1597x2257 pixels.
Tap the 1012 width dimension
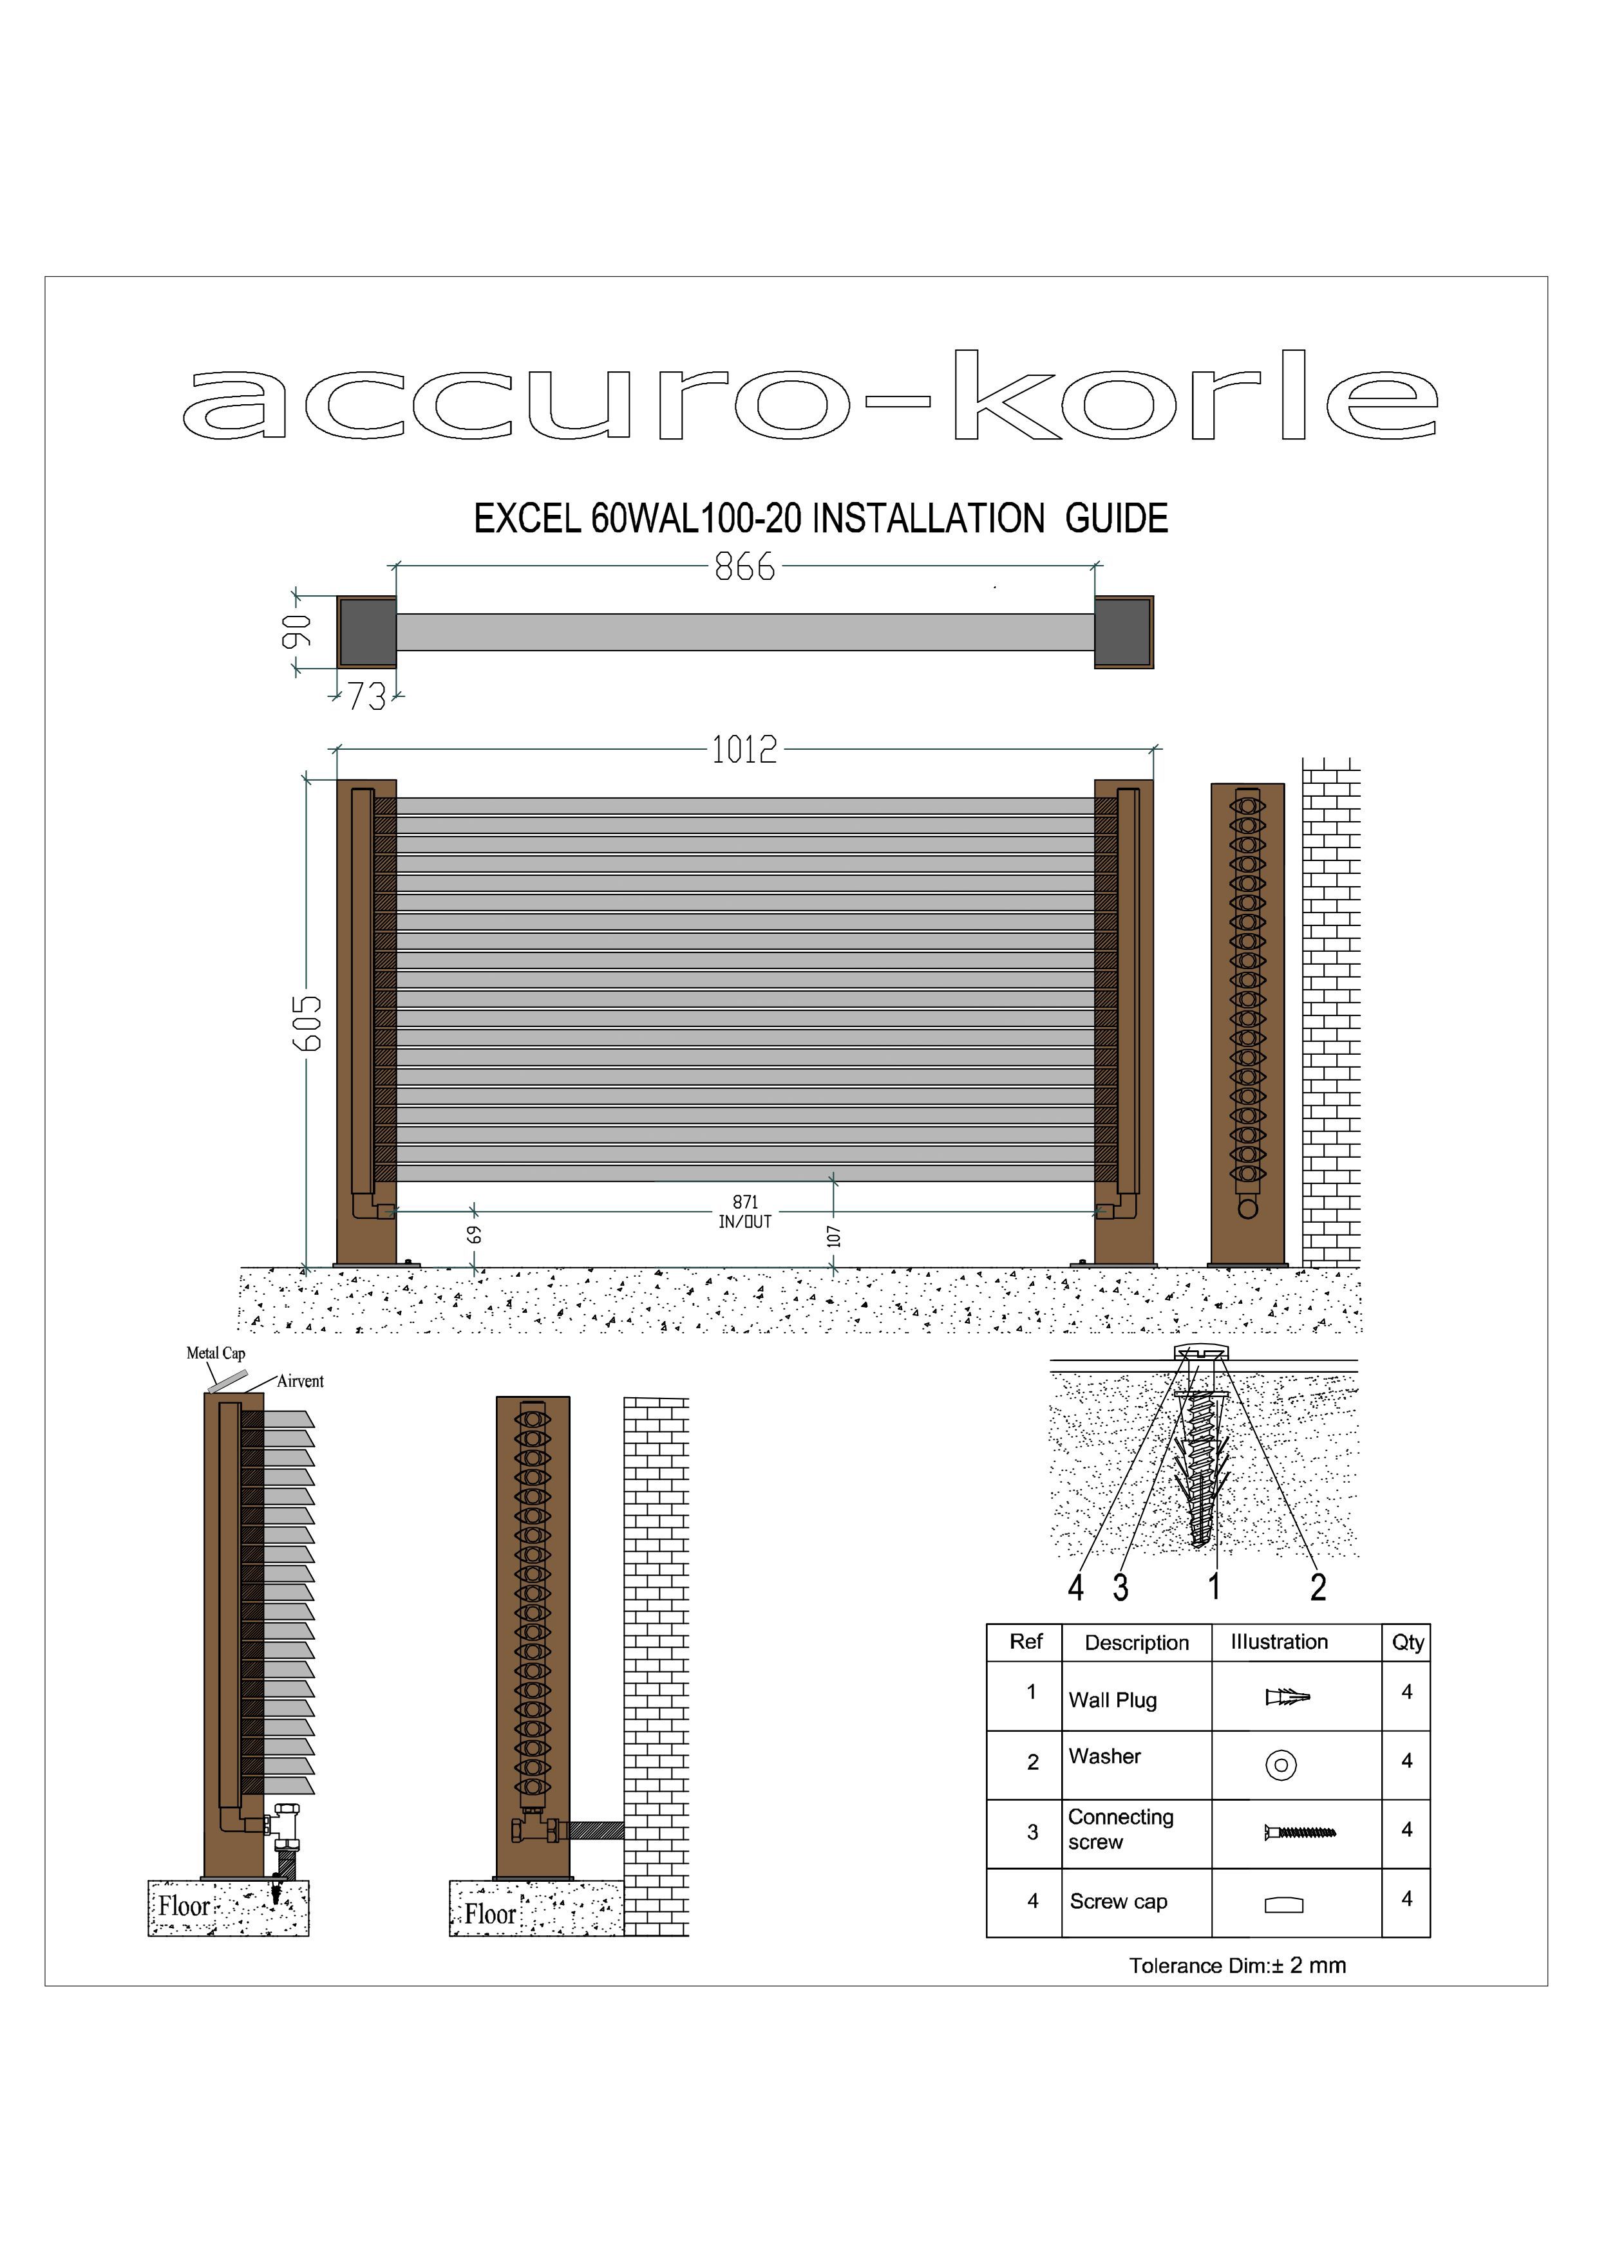pyautogui.click(x=744, y=750)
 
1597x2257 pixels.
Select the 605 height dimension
pyautogui.click(x=308, y=1023)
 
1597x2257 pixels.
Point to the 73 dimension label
pyautogui.click(x=367, y=697)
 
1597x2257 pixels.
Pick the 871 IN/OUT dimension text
pyautogui.click(x=746, y=1212)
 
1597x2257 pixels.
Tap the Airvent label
pyautogui.click(x=300, y=1381)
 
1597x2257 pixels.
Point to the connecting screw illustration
pyautogui.click(x=1299, y=1832)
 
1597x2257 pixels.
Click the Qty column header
pyautogui.click(x=1407, y=1642)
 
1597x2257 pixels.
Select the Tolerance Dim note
pyautogui.click(x=1237, y=1966)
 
